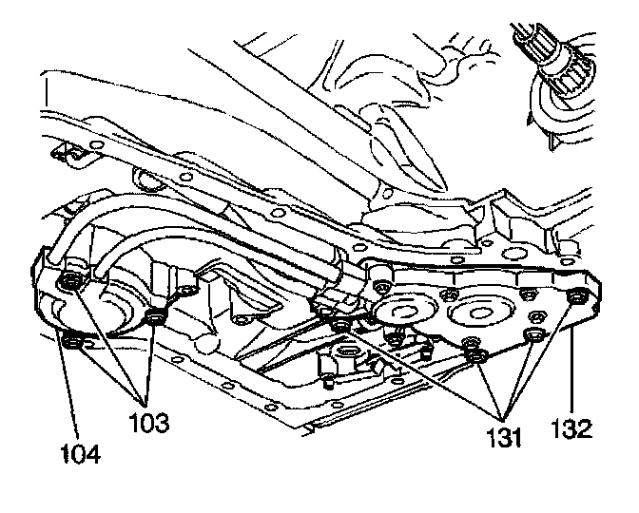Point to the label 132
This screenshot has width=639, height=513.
(571, 428)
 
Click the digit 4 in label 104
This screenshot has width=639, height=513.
(92, 450)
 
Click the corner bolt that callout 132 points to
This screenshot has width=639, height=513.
(573, 299)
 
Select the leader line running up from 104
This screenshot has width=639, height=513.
(73, 389)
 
